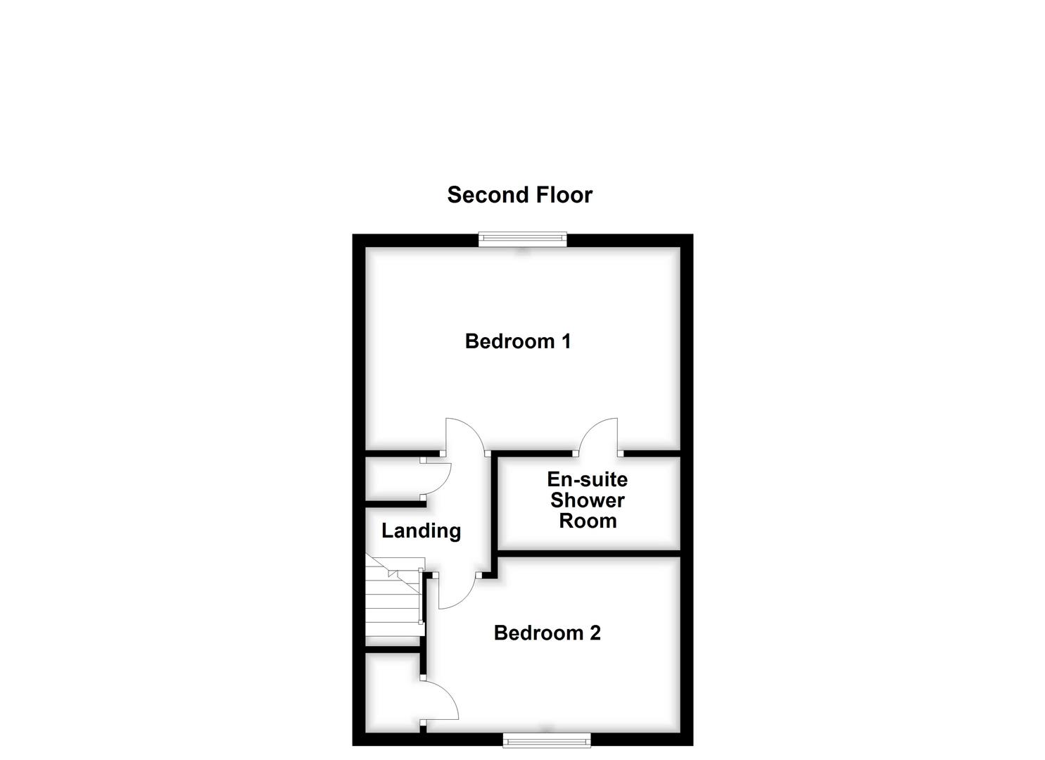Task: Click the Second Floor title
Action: [x=519, y=195]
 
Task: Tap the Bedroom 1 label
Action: [x=517, y=341]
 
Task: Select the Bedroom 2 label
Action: [x=547, y=633]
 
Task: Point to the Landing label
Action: [x=421, y=531]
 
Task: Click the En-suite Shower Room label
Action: [x=587, y=500]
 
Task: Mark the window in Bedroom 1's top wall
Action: [x=522, y=239]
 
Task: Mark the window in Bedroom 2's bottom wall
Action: [x=547, y=739]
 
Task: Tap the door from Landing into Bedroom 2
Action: [x=458, y=593]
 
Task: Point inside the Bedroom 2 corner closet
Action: [x=391, y=693]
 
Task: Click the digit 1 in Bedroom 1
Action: [x=565, y=341]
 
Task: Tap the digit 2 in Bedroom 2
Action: [x=595, y=633]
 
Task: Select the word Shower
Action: [x=587, y=500]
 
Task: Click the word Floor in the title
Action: [x=561, y=195]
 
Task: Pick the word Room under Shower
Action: [x=587, y=521]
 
